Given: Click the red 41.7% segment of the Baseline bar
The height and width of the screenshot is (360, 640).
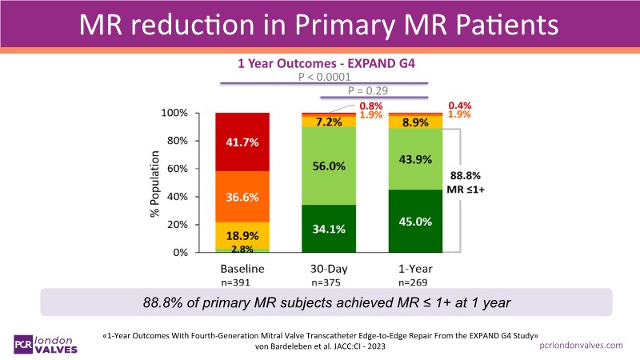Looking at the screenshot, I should (x=242, y=142).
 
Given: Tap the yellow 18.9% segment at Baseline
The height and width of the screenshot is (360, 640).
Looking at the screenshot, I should (x=242, y=235).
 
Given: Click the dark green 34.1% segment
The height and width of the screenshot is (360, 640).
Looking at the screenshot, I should (x=329, y=229).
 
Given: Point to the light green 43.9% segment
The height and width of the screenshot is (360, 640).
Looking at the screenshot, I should (x=415, y=159).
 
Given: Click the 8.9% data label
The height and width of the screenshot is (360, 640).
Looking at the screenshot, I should (x=415, y=122).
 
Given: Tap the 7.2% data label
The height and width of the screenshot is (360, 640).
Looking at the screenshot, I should (x=329, y=122).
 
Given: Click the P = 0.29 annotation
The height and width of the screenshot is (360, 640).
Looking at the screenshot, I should (x=368, y=92).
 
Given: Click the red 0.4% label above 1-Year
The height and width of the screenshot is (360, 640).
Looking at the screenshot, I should (x=459, y=105).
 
